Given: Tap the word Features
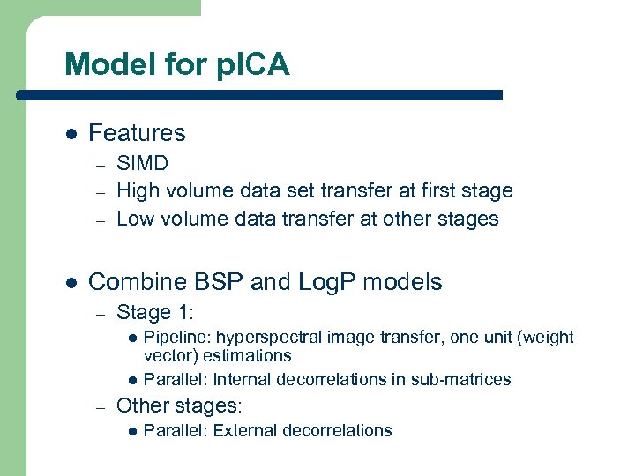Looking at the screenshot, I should coord(137,133).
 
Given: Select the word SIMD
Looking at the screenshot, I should coord(143,164).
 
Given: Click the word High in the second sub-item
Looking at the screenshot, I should coord(137,190).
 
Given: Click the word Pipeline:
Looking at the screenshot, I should coord(177,337).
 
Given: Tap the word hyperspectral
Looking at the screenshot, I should coord(269,337).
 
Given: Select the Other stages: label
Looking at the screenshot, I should coord(179,405).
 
